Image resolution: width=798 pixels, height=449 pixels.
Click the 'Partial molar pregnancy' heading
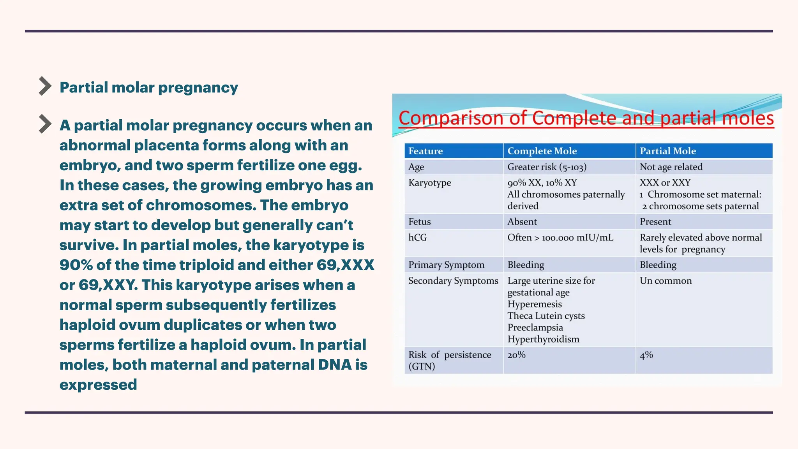148,88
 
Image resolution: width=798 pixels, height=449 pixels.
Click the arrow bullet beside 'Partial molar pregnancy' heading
45,86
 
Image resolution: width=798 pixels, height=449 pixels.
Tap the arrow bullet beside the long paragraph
45,124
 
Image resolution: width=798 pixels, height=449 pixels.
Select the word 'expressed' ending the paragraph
98,385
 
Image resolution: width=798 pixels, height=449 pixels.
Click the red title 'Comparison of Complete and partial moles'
586,118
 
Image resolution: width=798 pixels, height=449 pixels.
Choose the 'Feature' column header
425,151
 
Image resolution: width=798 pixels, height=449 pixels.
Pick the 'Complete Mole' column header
542,151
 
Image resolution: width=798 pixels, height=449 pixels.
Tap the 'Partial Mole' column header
668,151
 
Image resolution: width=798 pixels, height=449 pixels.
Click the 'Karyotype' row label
429,183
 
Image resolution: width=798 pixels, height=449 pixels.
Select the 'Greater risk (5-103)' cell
547,167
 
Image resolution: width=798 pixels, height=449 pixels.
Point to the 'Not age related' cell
671,167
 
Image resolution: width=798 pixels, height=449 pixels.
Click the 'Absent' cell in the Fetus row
522,222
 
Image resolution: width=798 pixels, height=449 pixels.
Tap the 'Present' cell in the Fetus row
655,222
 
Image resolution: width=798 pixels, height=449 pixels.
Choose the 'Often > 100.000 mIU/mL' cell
560,238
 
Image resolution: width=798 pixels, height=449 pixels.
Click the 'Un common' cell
666,281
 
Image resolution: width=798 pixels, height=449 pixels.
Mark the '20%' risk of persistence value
516,355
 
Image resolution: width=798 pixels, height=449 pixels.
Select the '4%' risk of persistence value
646,355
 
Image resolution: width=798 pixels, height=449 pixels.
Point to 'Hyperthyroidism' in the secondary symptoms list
543,339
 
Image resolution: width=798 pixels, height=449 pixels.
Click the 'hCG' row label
417,237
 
